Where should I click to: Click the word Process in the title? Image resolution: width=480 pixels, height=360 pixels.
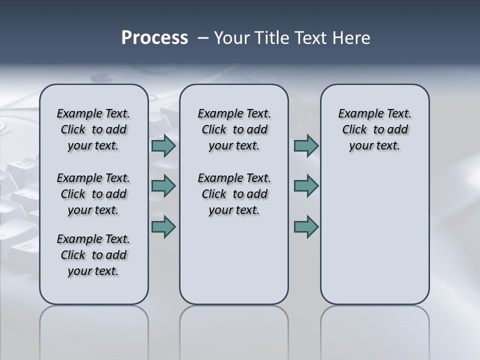(x=154, y=38)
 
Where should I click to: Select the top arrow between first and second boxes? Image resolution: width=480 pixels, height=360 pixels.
(x=163, y=146)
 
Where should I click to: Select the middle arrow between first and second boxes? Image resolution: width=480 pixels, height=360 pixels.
(x=163, y=186)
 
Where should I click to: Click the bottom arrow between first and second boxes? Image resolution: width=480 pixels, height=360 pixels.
(x=163, y=226)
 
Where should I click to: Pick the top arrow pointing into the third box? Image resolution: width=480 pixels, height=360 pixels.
(x=306, y=146)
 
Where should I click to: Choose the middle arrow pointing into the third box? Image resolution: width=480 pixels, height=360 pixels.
(x=306, y=186)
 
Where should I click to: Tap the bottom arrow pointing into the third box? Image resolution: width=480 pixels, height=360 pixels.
(x=306, y=226)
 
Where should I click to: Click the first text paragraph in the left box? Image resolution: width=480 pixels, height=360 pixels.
(x=93, y=129)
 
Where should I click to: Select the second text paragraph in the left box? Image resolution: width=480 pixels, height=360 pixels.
(x=93, y=194)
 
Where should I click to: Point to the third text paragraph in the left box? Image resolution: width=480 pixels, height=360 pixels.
(x=93, y=255)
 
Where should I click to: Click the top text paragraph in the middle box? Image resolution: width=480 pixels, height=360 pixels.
(x=234, y=129)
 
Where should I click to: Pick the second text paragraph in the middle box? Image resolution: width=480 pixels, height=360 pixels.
(x=234, y=194)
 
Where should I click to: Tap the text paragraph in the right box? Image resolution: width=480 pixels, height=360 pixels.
(x=374, y=129)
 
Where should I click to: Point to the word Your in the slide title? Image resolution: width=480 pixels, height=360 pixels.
(x=231, y=38)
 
